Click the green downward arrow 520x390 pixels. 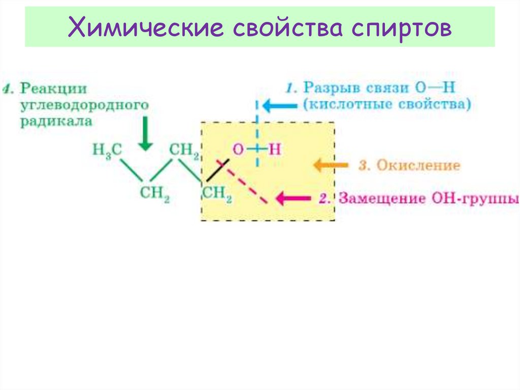click(x=146, y=133)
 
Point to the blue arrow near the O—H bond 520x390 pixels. click(x=278, y=106)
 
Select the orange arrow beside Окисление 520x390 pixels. click(x=331, y=165)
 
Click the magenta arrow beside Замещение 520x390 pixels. click(x=293, y=198)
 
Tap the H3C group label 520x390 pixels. click(x=106, y=150)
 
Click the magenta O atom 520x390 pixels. click(x=238, y=149)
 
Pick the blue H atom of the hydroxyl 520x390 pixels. click(x=274, y=149)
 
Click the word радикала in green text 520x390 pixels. click(x=57, y=122)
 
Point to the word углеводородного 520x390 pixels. click(x=84, y=105)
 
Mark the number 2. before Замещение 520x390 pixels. click(x=326, y=198)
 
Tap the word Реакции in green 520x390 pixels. click(x=54, y=88)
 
